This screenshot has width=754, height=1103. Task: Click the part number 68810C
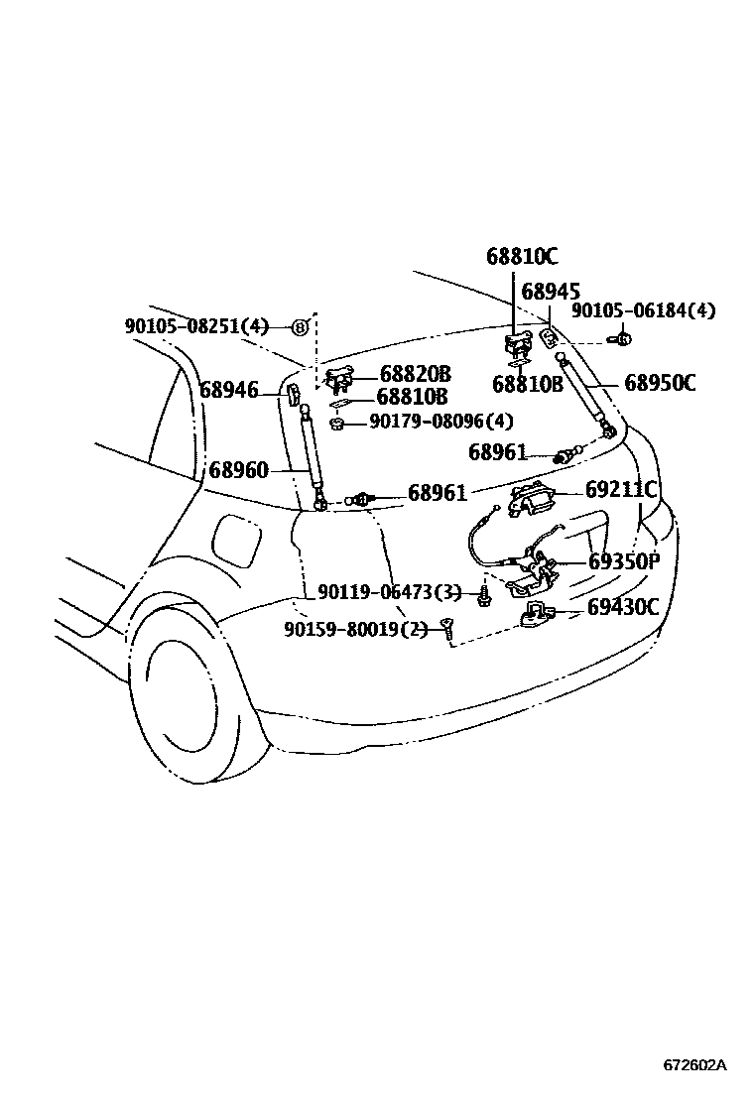tap(522, 256)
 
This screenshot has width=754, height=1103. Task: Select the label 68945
tap(551, 291)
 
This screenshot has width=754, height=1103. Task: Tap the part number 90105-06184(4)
tap(643, 310)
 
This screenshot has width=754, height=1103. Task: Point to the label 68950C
tap(660, 382)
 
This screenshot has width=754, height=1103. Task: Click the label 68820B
tap(415, 374)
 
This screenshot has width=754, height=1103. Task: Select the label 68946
tap(228, 390)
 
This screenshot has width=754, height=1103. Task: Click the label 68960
tap(238, 469)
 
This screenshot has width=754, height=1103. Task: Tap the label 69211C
tap(621, 489)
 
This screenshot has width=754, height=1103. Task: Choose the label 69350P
tap(624, 561)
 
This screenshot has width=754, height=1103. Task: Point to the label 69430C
tap(622, 606)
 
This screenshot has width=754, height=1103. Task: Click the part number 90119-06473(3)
tap(390, 592)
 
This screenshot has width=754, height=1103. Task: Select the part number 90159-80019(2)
tap(355, 628)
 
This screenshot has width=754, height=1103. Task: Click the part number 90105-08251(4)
tap(196, 325)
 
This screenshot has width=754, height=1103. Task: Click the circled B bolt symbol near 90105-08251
tap(301, 326)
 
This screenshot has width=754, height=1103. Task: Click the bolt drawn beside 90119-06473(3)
tap(483, 595)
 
